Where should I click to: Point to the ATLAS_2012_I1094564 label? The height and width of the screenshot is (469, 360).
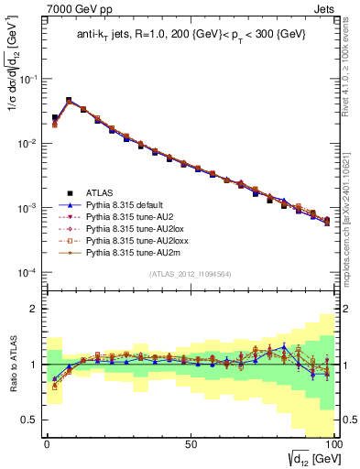(190, 273)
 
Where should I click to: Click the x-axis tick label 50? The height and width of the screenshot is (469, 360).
(190, 443)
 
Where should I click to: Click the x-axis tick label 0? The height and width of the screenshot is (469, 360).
(47, 443)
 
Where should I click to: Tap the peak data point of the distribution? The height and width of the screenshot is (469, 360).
(69, 101)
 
